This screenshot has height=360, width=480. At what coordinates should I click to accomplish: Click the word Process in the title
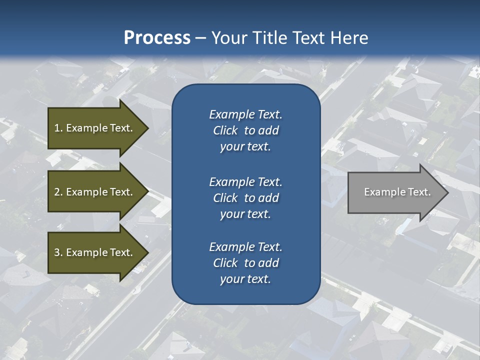pyautogui.click(x=157, y=38)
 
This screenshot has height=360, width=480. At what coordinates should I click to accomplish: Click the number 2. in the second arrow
pyautogui.click(x=58, y=192)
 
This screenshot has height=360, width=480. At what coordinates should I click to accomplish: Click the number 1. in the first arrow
pyautogui.click(x=58, y=128)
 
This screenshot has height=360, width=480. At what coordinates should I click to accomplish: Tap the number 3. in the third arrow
pyautogui.click(x=58, y=252)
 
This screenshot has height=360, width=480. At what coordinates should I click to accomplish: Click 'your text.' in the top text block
pyautogui.click(x=245, y=147)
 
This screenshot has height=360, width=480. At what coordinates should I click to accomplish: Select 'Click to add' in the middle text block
pyautogui.click(x=245, y=198)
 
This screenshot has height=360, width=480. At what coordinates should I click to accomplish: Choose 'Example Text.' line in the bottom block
pyautogui.click(x=245, y=247)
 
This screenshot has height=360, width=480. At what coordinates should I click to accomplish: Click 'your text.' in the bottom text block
pyautogui.click(x=245, y=279)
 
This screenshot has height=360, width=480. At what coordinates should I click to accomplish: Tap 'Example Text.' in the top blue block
pyautogui.click(x=245, y=114)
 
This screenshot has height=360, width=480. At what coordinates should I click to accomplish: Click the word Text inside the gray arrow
pyautogui.click(x=419, y=192)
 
